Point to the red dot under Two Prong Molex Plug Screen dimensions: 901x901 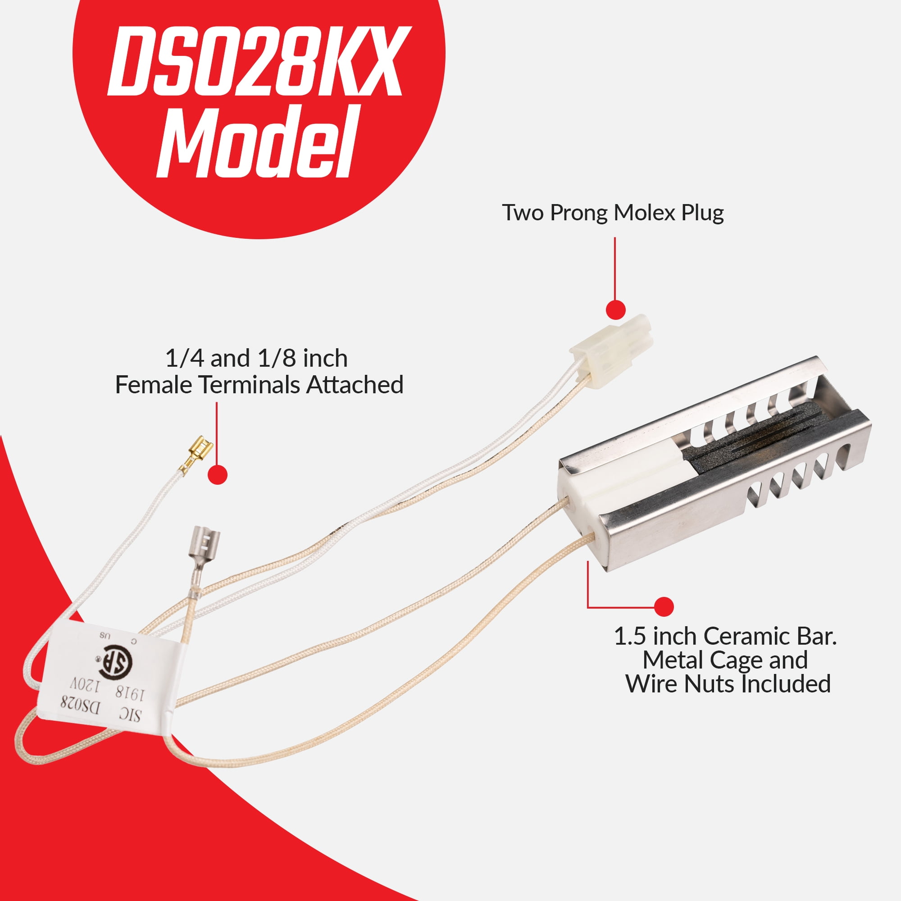[x=615, y=309]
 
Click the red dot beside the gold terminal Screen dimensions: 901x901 [x=217, y=474]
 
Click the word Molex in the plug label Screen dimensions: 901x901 [x=645, y=213]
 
